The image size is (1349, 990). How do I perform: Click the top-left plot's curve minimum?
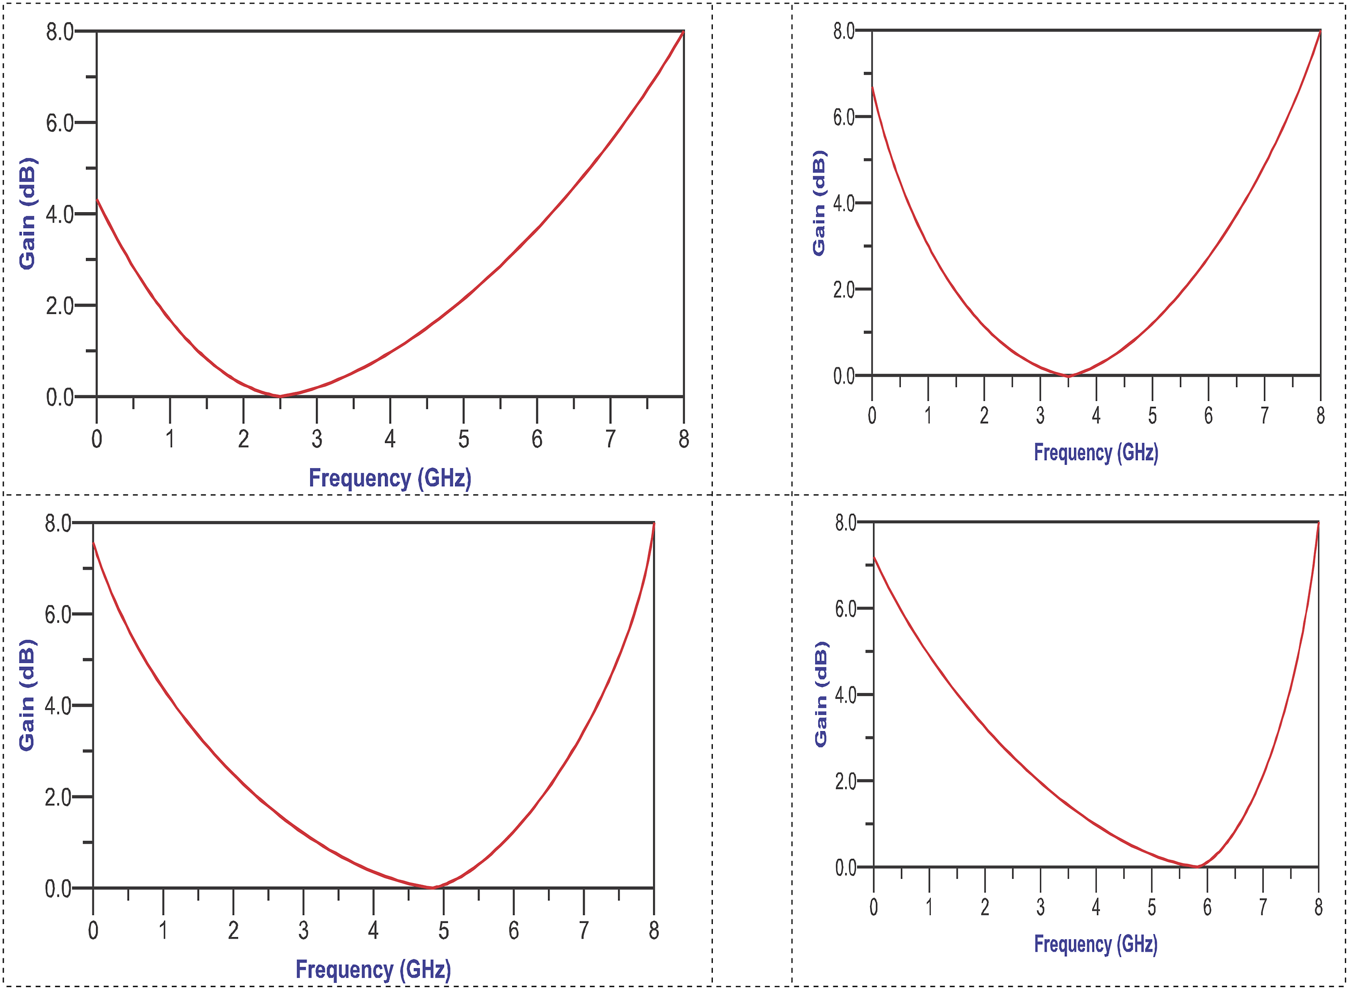pos(280,395)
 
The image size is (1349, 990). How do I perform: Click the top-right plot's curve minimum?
pos(1067,376)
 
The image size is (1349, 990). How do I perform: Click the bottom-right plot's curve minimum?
pos(1197,867)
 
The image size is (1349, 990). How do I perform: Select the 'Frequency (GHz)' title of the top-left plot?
pos(390,478)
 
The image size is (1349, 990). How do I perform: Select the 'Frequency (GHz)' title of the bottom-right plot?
pos(1095,944)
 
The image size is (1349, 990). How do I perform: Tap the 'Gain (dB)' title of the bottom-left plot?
pos(27,695)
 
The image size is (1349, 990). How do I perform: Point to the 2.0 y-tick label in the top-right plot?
pos(844,290)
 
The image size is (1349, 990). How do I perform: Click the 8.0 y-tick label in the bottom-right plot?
pos(846,523)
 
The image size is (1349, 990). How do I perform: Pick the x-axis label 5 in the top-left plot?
pos(463,439)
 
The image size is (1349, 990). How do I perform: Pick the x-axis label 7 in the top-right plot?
pos(1264,415)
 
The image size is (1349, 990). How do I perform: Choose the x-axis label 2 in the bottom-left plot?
pos(233,931)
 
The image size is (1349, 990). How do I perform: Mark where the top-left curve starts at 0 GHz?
pos(97,199)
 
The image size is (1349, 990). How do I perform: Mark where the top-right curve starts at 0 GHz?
pos(872,87)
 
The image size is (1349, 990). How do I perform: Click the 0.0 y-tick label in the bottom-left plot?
pos(58,889)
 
